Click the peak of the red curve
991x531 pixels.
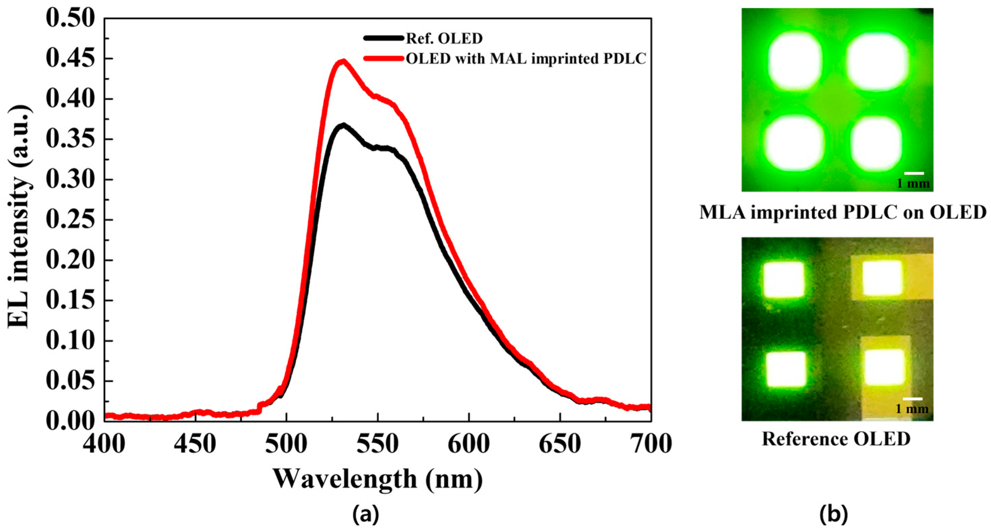pos(343,61)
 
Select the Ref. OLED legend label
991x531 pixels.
pos(444,38)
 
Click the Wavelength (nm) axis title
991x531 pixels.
pos(378,479)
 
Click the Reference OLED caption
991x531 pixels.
pos(836,439)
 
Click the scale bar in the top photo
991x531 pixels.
pos(914,173)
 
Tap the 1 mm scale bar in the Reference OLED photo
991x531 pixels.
pos(913,399)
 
